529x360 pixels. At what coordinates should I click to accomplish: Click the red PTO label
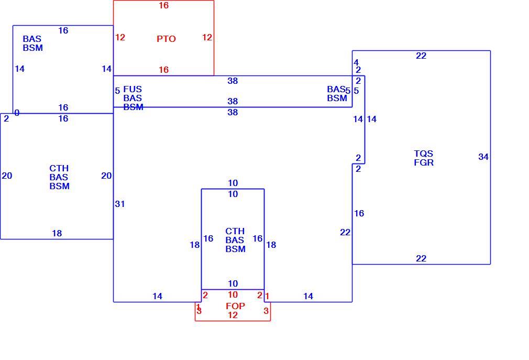[166, 39]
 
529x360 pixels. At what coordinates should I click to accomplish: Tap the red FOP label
[235, 306]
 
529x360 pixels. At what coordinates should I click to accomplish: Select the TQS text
[423, 154]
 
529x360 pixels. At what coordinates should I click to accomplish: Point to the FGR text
[424, 162]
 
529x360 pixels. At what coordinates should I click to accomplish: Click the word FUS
[132, 89]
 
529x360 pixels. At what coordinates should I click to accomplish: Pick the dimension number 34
[483, 157]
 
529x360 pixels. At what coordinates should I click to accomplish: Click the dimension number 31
[120, 204]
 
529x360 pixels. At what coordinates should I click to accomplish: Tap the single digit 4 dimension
[356, 62]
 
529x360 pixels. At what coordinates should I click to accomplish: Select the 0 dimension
[17, 113]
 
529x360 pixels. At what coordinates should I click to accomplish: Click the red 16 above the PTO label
[163, 5]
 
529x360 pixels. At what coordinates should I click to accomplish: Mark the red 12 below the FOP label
[233, 315]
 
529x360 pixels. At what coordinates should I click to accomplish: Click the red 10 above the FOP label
[233, 294]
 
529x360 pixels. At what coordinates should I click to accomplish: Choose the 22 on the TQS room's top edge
[421, 56]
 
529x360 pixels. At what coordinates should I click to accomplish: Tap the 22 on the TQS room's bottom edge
[421, 258]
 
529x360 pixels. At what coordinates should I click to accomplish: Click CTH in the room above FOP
[235, 231]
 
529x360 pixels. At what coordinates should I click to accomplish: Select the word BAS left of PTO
[32, 39]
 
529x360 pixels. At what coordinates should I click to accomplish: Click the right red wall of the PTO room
[214, 38]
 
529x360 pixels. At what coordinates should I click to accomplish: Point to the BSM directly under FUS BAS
[133, 107]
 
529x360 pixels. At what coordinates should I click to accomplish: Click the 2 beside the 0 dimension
[6, 118]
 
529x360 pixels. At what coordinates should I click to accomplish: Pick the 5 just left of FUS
[117, 91]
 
